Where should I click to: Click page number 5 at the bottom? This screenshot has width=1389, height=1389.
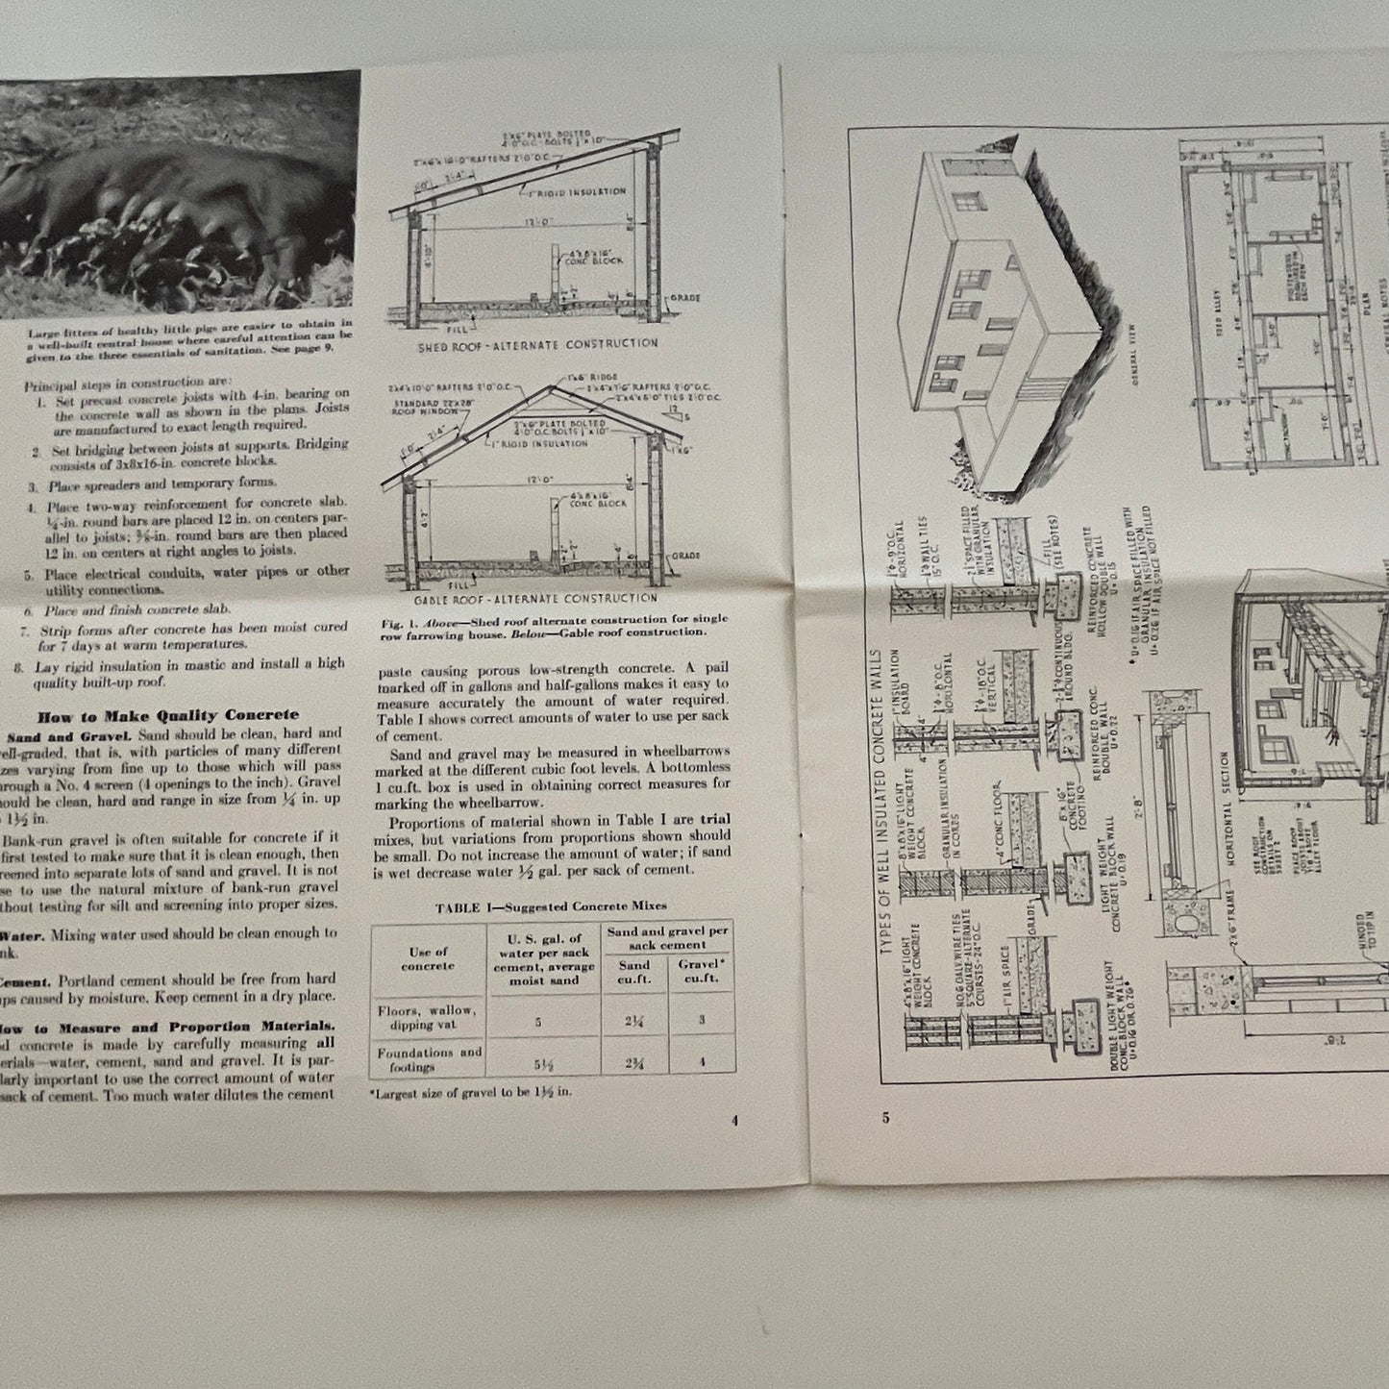(884, 1117)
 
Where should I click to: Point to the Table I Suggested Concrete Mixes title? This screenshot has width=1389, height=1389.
(551, 905)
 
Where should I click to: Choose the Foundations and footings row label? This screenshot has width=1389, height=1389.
(430, 1059)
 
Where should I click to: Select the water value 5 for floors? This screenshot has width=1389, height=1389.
(537, 1022)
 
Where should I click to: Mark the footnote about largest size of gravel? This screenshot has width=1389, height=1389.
(470, 1093)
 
